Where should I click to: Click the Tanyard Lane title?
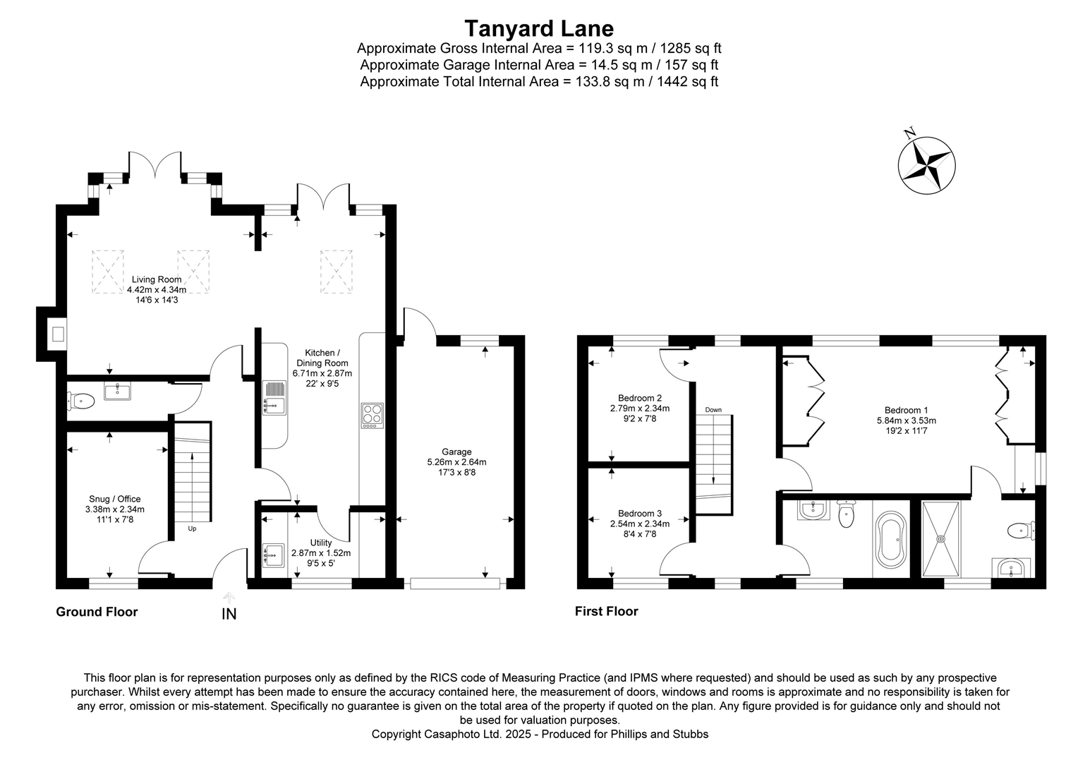point(538,28)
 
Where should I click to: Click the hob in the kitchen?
point(372,415)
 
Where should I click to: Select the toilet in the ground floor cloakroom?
point(82,401)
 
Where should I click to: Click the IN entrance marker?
point(229,614)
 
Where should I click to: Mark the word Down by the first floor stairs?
point(713,410)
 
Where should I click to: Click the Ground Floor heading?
point(97,612)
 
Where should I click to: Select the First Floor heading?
point(606,611)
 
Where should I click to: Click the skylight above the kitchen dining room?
point(336,271)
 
